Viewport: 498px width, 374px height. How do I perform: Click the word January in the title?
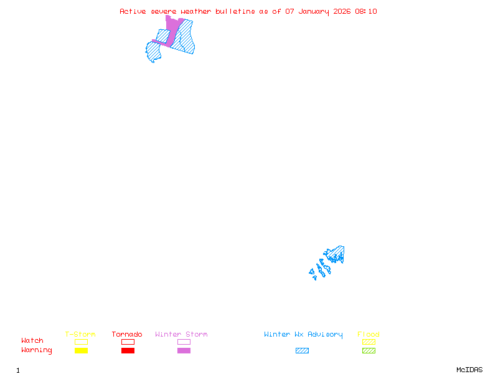[314, 12]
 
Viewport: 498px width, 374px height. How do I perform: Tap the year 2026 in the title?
[342, 11]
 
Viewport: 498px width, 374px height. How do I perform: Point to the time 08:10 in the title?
[366, 11]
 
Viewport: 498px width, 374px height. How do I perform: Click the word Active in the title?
[133, 11]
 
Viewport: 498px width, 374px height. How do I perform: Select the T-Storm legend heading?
[80, 334]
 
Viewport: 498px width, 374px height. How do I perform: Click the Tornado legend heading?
[127, 334]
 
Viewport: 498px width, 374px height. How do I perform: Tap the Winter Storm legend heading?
[181, 334]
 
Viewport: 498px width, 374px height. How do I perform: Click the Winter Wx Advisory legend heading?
[303, 335]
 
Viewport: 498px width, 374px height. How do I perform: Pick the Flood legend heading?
[368, 334]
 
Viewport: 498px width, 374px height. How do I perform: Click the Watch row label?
[32, 340]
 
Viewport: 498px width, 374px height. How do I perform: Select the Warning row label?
[37, 350]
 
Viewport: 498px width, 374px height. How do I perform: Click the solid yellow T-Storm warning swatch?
[82, 350]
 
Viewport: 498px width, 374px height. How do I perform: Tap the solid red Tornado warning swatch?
[128, 350]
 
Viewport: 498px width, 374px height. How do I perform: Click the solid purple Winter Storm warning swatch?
[184, 350]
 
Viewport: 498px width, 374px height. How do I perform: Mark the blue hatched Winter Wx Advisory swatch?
[302, 350]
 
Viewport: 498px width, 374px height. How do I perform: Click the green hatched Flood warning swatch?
[369, 350]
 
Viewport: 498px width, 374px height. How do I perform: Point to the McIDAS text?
[469, 370]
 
